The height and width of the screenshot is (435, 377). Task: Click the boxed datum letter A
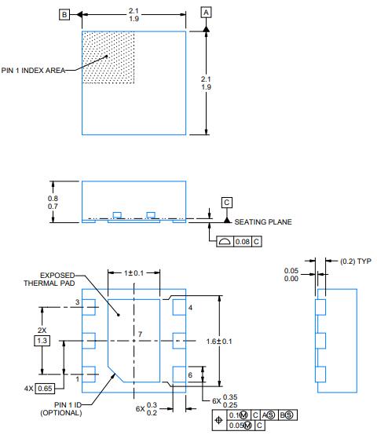(x=207, y=13)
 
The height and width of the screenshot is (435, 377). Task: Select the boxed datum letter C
(x=227, y=203)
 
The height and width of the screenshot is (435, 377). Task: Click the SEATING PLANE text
(x=263, y=222)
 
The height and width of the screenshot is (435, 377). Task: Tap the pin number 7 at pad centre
(x=141, y=335)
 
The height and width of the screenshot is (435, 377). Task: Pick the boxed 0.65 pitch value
(x=46, y=388)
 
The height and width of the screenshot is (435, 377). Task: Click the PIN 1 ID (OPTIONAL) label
(x=46, y=408)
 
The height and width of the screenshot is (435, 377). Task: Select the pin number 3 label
(x=78, y=302)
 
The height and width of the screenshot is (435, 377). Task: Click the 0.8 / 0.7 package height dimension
(x=53, y=203)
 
